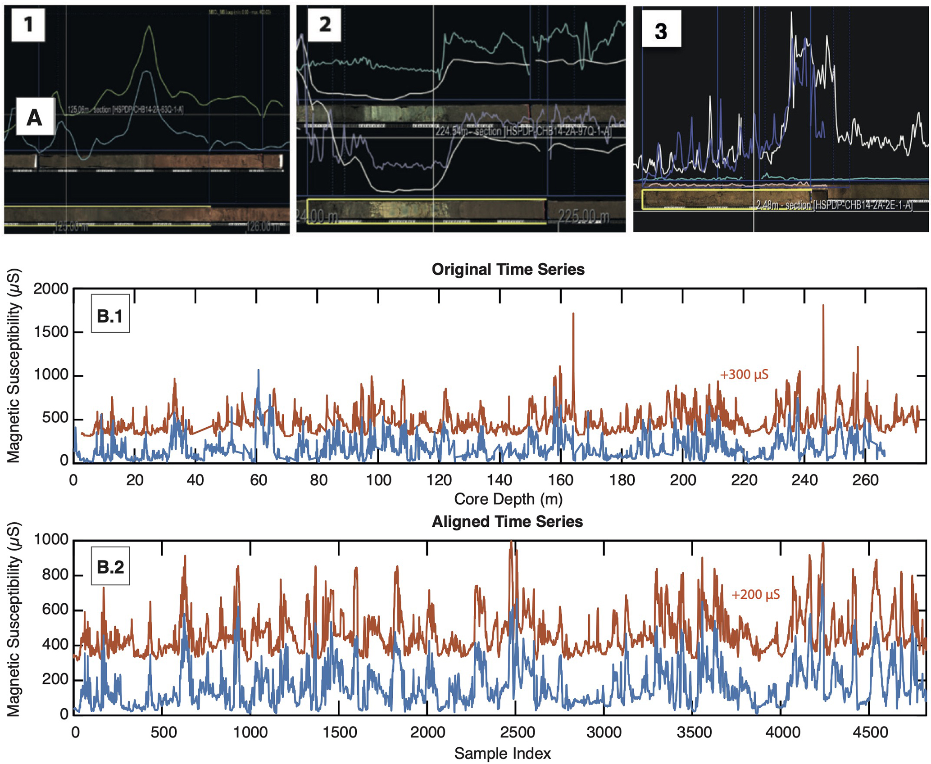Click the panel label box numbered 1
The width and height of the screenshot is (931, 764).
tap(28, 24)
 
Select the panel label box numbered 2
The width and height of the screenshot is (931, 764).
tap(324, 24)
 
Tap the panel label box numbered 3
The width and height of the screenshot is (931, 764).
tap(661, 31)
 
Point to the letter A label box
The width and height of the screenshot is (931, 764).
tap(35, 118)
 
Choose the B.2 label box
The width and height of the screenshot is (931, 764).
tap(110, 566)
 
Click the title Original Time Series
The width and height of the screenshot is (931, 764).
tap(508, 269)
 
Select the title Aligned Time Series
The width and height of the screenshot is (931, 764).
tap(507, 521)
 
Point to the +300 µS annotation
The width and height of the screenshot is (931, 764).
tap(744, 375)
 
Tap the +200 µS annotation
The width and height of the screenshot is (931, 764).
tap(755, 595)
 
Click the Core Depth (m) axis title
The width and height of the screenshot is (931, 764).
tap(508, 499)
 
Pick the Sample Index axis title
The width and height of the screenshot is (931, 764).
tap(502, 753)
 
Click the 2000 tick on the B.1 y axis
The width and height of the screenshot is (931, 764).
tap(50, 289)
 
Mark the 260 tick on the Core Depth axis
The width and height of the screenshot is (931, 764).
tap(865, 480)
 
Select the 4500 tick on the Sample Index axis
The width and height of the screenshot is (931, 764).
tap(870, 732)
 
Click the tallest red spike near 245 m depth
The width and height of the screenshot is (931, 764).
tap(823, 306)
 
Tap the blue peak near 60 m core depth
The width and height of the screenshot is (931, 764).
tap(258, 371)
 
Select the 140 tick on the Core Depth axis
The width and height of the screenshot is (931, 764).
tap(500, 480)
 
